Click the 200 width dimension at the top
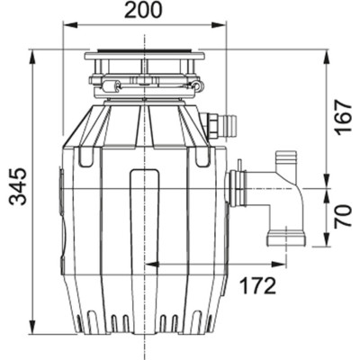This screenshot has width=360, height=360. tap(144, 12)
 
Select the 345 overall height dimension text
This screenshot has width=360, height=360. tap(17, 186)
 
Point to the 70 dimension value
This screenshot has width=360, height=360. tap(343, 217)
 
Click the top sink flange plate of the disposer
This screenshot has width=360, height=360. tap(144, 58)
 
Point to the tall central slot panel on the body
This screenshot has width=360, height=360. tap(144, 216)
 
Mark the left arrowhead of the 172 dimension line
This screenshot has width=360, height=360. tap(148, 265)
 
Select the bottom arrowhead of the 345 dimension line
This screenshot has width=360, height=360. tap(33, 328)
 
